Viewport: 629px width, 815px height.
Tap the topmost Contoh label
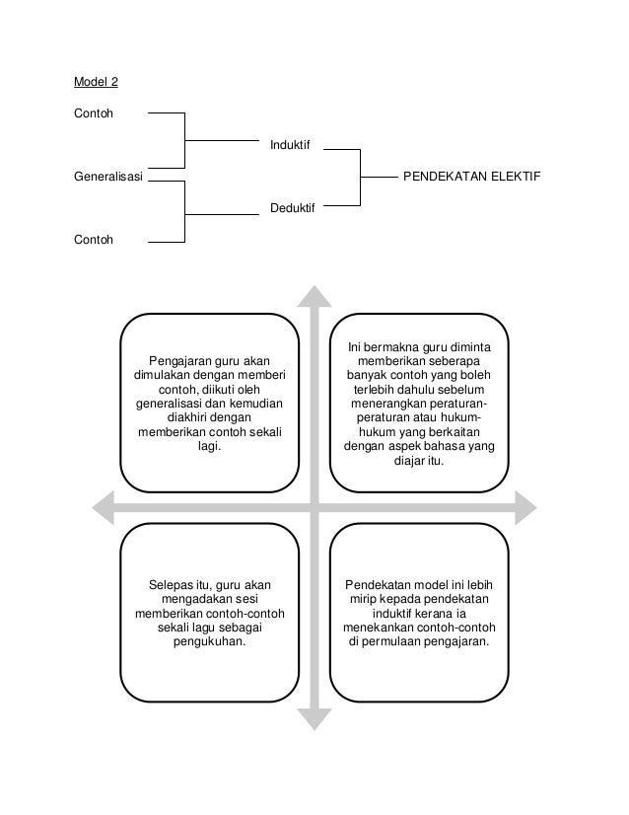[94, 112]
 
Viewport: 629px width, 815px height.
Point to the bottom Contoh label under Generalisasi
[94, 240]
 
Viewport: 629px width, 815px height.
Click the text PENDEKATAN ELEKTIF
[472, 178]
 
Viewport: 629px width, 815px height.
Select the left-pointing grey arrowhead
[105, 508]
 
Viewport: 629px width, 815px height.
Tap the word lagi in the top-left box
[207, 446]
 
